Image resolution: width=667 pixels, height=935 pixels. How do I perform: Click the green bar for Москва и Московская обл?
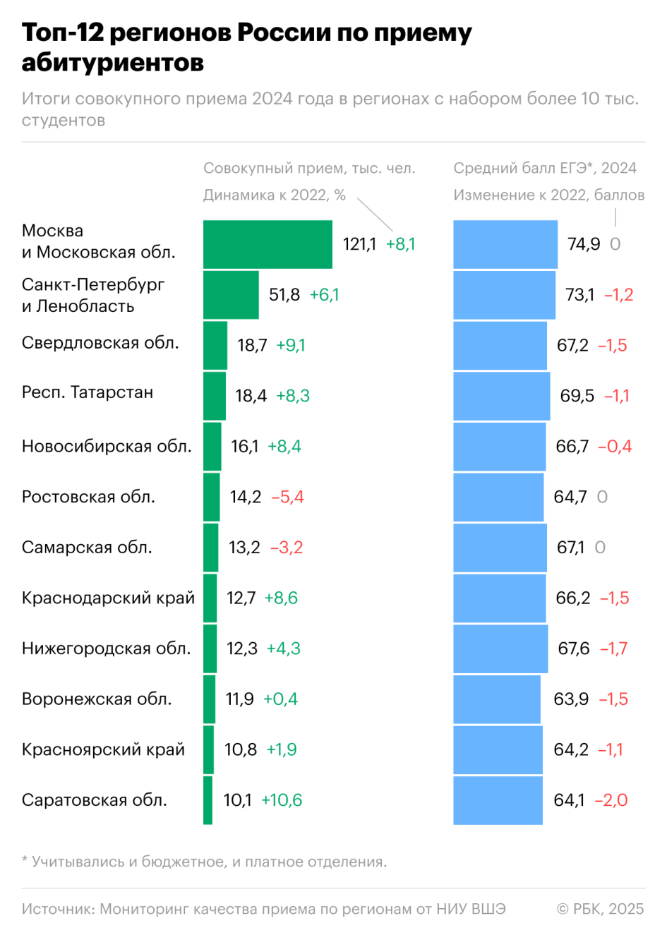[268, 244]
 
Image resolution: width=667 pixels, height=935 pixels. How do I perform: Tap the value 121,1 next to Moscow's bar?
[359, 244]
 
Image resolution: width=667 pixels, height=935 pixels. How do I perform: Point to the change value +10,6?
[282, 800]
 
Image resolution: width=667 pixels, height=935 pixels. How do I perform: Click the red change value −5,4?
[287, 497]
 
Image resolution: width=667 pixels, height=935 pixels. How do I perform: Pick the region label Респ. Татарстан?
[88, 392]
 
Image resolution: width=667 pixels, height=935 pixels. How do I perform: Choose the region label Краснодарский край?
[108, 598]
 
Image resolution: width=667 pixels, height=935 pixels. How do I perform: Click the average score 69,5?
[577, 396]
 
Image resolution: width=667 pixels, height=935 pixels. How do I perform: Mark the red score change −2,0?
[611, 800]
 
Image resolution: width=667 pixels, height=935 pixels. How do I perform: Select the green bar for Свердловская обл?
[215, 345]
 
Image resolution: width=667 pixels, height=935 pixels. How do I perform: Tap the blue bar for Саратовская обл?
[498, 800]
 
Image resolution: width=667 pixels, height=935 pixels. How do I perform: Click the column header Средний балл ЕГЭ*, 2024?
[545, 168]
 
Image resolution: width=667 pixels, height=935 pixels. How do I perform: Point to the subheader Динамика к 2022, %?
[275, 195]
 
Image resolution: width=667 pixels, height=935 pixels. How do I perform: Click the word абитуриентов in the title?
[113, 62]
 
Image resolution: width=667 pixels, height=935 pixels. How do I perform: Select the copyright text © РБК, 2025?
[600, 909]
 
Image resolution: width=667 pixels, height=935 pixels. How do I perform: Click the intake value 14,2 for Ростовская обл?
[245, 497]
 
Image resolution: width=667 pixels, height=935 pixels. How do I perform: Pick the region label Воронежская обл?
[97, 699]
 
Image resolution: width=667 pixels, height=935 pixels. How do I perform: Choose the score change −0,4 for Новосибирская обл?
[615, 446]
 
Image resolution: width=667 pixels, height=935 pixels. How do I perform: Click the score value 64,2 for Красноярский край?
[570, 749]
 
